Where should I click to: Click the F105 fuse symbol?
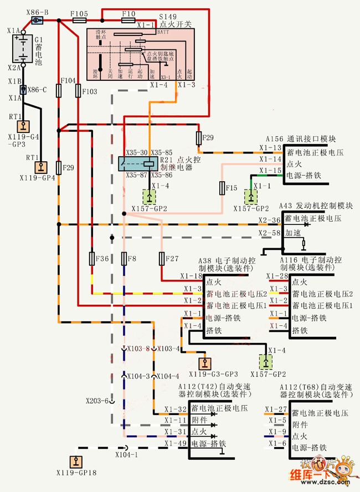79,20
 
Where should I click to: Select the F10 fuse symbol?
128,20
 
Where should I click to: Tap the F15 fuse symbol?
222,189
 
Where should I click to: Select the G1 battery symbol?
22,49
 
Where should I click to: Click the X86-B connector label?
38,12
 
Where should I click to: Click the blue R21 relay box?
140,163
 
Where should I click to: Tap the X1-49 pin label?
174,443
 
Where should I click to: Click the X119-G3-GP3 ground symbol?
206,363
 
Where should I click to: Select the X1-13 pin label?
271,147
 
